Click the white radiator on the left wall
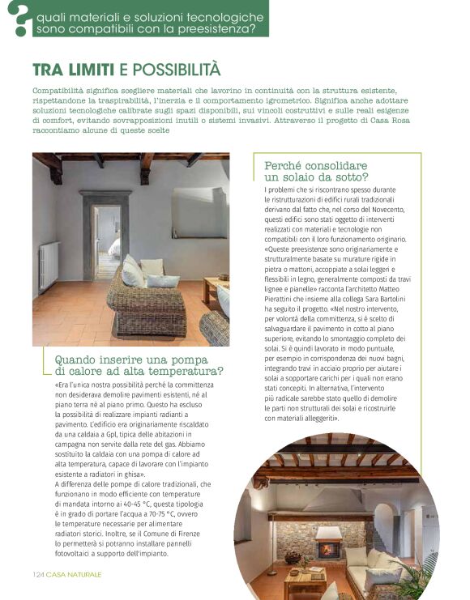point(49,265)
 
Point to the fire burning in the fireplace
point(327,549)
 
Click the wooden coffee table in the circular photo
point(305,581)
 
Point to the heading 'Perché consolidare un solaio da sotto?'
point(316,170)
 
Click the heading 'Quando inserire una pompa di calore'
point(139,365)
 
